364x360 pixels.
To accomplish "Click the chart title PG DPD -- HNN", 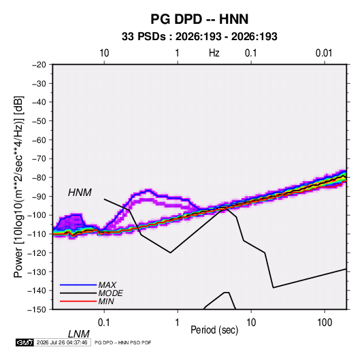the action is pyautogui.click(x=199, y=19).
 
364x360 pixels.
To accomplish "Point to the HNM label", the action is pyautogui.click(x=80, y=193).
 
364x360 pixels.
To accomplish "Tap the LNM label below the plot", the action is pyautogui.click(x=79, y=334).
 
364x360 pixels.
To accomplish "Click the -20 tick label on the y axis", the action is pyautogui.click(x=39, y=65).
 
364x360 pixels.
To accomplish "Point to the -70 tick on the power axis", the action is pyautogui.click(x=39, y=159).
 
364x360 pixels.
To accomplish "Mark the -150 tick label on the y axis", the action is pyautogui.click(x=37, y=310).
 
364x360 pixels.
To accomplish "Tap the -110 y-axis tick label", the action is pyautogui.click(x=37, y=234).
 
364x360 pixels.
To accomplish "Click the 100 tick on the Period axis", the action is pyautogui.click(x=325, y=323).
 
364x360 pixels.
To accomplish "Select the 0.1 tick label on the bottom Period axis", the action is pyautogui.click(x=104, y=323).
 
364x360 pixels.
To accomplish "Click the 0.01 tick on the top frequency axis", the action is pyautogui.click(x=324, y=53).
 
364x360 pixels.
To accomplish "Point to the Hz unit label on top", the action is pyautogui.click(x=214, y=53).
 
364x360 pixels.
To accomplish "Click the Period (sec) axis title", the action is pyautogui.click(x=214, y=330).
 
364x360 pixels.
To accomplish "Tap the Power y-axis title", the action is pyautogui.click(x=19, y=187).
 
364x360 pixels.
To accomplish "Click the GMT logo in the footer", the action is pyautogui.click(x=25, y=342).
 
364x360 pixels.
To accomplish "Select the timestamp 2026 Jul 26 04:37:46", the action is pyautogui.click(x=62, y=342).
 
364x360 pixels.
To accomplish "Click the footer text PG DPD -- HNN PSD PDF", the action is pyautogui.click(x=122, y=342).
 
